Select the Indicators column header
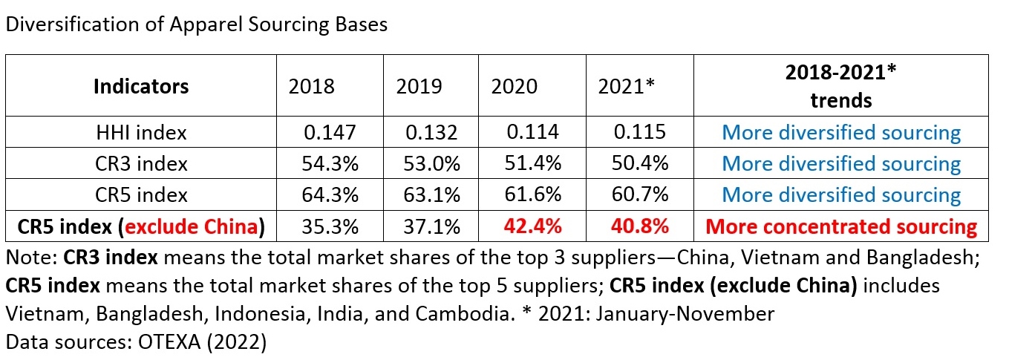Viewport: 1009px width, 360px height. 141,86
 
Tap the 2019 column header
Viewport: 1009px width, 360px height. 419,86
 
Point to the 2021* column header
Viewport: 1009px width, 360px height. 627,86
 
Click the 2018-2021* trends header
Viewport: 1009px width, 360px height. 840,86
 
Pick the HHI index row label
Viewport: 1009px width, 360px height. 141,133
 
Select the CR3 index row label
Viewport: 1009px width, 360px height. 141,163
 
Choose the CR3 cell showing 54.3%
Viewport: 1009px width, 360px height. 331,163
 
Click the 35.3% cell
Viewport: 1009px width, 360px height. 331,226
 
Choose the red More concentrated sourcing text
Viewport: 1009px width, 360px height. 841,226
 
